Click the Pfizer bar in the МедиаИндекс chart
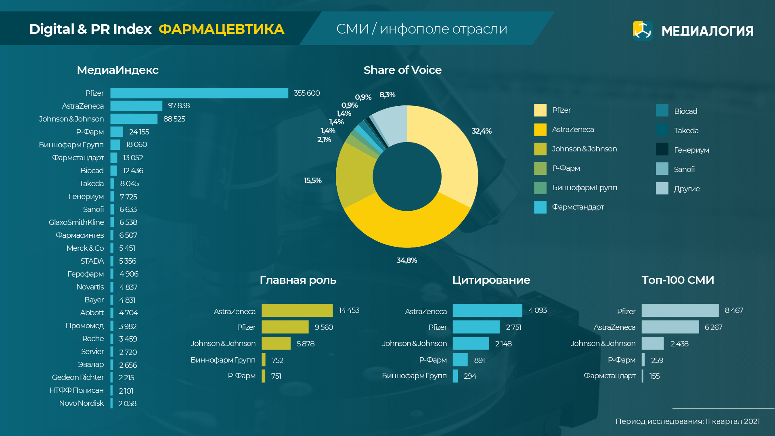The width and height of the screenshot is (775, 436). tap(199, 93)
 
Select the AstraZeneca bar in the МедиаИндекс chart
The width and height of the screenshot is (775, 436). tap(136, 106)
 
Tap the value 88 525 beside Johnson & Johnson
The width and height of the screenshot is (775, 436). tap(174, 119)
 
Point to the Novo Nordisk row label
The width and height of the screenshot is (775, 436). tap(82, 403)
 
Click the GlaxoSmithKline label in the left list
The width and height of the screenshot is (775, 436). tap(76, 222)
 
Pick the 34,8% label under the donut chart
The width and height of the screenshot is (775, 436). tap(406, 260)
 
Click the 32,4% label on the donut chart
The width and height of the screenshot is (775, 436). tap(481, 131)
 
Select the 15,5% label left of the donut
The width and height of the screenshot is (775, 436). tap(312, 180)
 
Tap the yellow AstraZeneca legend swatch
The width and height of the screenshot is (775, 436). tap(540, 130)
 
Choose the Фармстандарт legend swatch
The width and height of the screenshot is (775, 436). tap(540, 207)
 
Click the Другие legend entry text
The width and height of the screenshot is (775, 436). tap(687, 189)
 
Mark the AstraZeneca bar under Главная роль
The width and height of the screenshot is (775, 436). tap(297, 310)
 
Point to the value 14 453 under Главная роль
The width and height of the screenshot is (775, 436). tap(349, 310)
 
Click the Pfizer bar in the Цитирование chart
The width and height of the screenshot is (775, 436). tap(476, 327)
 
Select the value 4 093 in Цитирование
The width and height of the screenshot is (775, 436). tap(537, 310)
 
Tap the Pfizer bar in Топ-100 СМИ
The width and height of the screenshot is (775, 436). tap(680, 310)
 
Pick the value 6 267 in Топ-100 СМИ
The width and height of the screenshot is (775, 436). tap(713, 327)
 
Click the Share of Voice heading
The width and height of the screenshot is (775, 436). tap(402, 70)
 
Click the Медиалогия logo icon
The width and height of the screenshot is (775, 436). tap(643, 31)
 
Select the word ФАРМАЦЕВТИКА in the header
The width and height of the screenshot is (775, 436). tap(221, 29)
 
